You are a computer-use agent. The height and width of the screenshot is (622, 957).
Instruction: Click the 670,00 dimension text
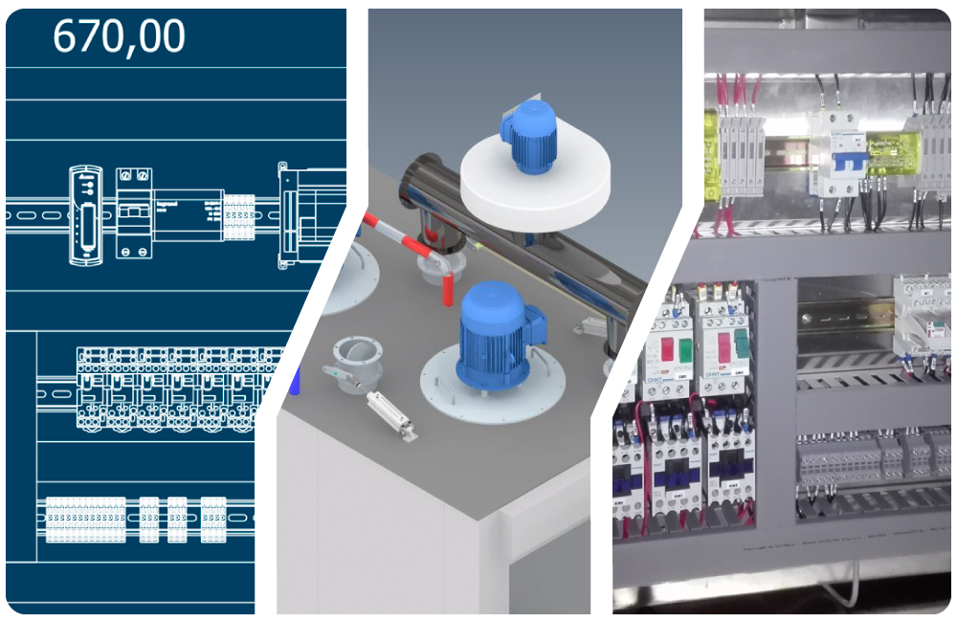point(119,36)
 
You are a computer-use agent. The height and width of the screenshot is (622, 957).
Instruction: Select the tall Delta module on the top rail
point(82,215)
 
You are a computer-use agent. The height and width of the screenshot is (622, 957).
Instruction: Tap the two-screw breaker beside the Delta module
point(134,212)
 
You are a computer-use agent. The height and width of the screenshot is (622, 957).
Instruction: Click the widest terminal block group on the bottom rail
point(86,520)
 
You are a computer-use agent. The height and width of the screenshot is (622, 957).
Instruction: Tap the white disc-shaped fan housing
point(536,182)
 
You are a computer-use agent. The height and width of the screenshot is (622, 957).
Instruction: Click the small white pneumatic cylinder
point(392,414)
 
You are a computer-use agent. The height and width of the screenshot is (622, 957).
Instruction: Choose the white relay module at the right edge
point(924,316)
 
